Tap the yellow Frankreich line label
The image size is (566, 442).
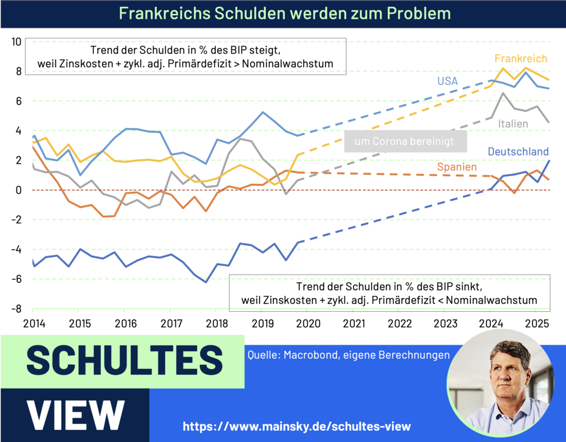(x=521, y=59)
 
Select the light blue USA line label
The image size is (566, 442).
(x=447, y=81)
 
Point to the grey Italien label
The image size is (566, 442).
(x=513, y=124)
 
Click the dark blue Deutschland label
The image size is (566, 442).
(x=518, y=152)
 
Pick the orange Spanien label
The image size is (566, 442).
(x=457, y=167)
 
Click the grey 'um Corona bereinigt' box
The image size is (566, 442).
(x=406, y=142)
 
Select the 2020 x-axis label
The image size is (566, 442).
(x=307, y=324)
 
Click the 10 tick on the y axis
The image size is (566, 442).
(x=16, y=42)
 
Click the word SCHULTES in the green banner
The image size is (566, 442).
(x=124, y=361)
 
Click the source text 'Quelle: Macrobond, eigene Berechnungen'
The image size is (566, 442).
(x=347, y=355)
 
